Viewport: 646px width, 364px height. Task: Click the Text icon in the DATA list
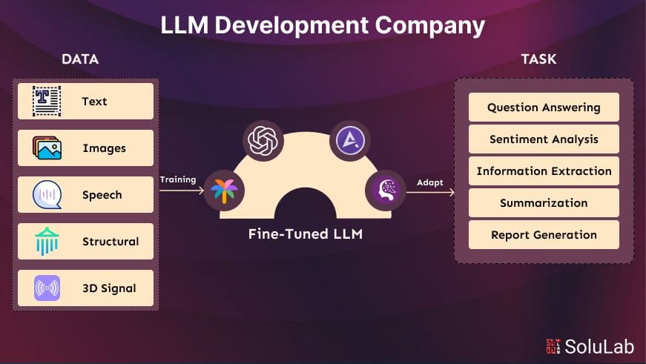(x=47, y=101)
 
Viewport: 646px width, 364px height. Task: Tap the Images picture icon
(x=47, y=148)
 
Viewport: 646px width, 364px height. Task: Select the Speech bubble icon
(x=47, y=195)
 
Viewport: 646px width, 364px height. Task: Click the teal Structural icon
(x=47, y=241)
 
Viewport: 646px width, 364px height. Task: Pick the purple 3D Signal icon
(x=47, y=288)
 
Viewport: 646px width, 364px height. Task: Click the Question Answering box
(x=544, y=107)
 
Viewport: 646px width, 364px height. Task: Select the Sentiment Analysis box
(x=544, y=139)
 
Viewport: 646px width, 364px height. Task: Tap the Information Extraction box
(x=544, y=171)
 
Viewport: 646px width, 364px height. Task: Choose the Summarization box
(x=544, y=203)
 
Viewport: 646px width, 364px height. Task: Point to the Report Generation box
(x=544, y=235)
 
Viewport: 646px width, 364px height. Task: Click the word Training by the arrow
(x=178, y=179)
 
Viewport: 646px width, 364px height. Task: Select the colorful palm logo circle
(x=223, y=191)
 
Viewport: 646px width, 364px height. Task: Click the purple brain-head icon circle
(x=385, y=191)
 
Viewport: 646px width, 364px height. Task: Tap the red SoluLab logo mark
(x=553, y=346)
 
